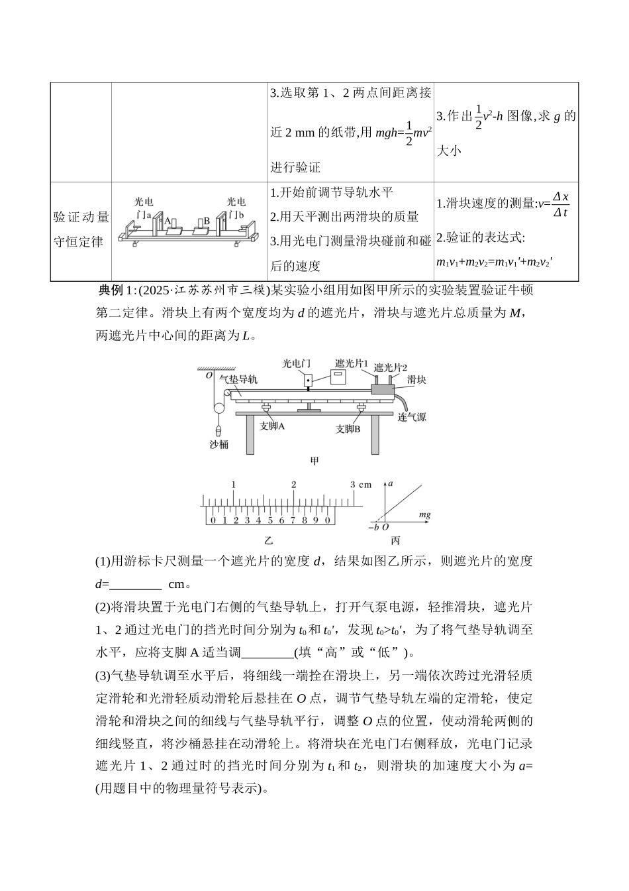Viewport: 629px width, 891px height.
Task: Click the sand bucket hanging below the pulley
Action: click(218, 431)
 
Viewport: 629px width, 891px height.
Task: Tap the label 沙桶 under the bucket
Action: click(219, 444)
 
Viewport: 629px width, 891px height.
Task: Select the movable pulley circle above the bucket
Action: click(219, 408)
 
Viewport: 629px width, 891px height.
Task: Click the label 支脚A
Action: click(272, 426)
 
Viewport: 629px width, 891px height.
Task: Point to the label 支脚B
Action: click(348, 429)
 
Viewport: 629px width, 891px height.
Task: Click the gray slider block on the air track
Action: click(383, 389)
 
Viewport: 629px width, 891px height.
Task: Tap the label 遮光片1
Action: click(352, 363)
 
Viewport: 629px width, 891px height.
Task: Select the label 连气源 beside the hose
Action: click(412, 417)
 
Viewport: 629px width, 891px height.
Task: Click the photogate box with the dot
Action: click(307, 381)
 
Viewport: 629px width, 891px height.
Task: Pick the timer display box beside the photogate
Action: click(338, 377)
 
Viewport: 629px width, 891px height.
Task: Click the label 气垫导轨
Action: click(238, 379)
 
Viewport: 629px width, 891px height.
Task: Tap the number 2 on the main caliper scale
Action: click(293, 485)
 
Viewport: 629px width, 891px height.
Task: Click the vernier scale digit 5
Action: click(270, 520)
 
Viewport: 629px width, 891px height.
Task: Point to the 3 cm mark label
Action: click(361, 485)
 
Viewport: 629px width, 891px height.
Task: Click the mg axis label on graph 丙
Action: click(425, 515)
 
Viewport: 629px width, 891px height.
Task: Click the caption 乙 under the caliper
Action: click(269, 540)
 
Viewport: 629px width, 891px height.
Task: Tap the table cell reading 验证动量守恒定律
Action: click(81, 229)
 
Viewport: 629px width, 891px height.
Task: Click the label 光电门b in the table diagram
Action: click(235, 208)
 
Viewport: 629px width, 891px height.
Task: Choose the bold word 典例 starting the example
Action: click(111, 291)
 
